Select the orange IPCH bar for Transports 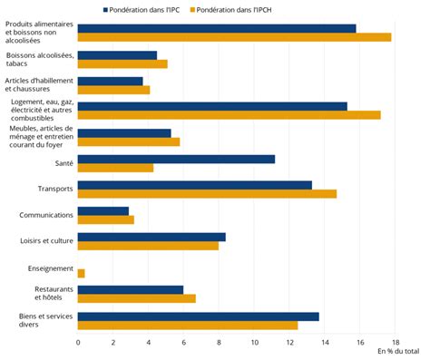coord(207,194)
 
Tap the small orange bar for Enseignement coord(82,273)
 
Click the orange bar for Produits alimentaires coord(234,37)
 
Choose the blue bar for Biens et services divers coord(198,316)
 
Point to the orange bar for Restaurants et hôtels coord(137,298)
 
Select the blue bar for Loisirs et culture coord(151,237)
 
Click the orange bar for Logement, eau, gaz coord(229,115)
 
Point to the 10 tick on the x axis coord(254,342)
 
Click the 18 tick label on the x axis coord(395,342)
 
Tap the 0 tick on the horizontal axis coord(78,342)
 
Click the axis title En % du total coord(397,352)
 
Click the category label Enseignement coord(45,268)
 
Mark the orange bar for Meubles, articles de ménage coord(129,141)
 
